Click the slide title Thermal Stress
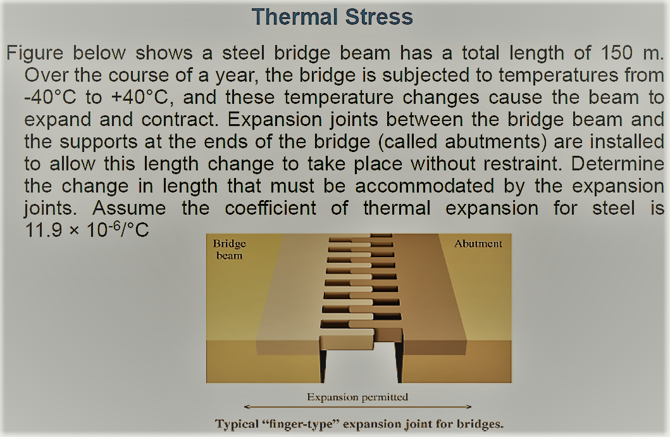332,16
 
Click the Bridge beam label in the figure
228,250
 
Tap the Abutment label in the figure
478,244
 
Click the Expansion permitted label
357,397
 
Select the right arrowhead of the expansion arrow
468,407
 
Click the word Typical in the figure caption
239,423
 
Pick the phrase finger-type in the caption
306,423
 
